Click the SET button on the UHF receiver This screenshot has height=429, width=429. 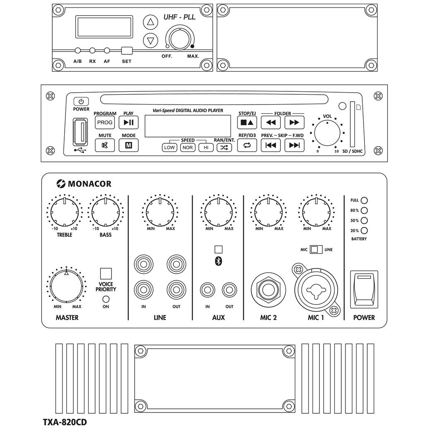[x=127, y=51]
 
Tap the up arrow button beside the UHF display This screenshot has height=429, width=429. [x=150, y=23]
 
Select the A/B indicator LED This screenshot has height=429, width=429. [x=77, y=51]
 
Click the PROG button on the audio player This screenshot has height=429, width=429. [x=105, y=122]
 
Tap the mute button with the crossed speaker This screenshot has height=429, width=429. [x=105, y=145]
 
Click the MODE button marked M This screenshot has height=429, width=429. [x=128, y=145]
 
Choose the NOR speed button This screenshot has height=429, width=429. [x=188, y=147]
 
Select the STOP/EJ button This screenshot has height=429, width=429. [x=247, y=122]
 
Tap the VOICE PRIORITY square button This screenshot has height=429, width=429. [x=106, y=273]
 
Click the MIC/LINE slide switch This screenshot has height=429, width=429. [x=316, y=249]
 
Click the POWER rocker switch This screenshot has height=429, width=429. [x=364, y=290]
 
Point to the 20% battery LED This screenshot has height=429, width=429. [x=364, y=231]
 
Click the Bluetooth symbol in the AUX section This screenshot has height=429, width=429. [x=219, y=261]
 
